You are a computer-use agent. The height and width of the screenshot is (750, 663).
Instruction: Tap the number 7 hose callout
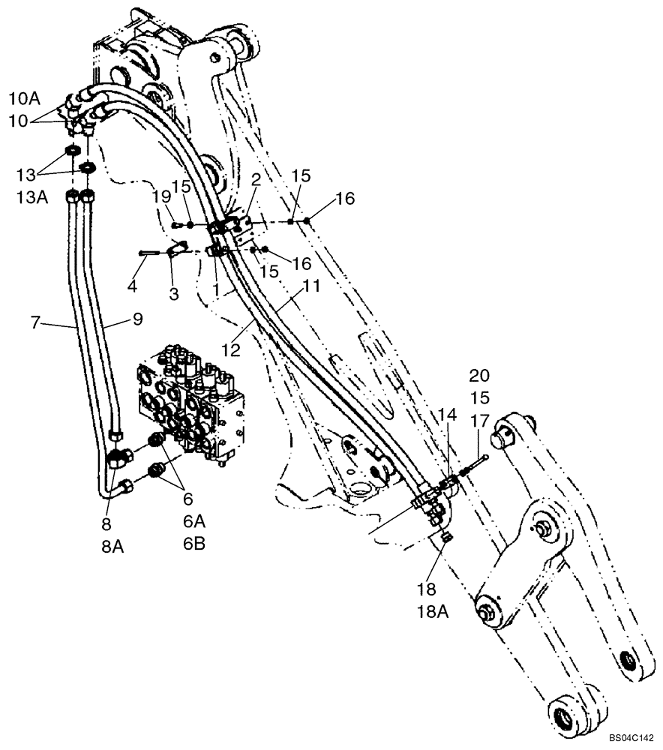tap(34, 322)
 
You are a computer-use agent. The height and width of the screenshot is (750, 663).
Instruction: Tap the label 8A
tap(112, 547)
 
